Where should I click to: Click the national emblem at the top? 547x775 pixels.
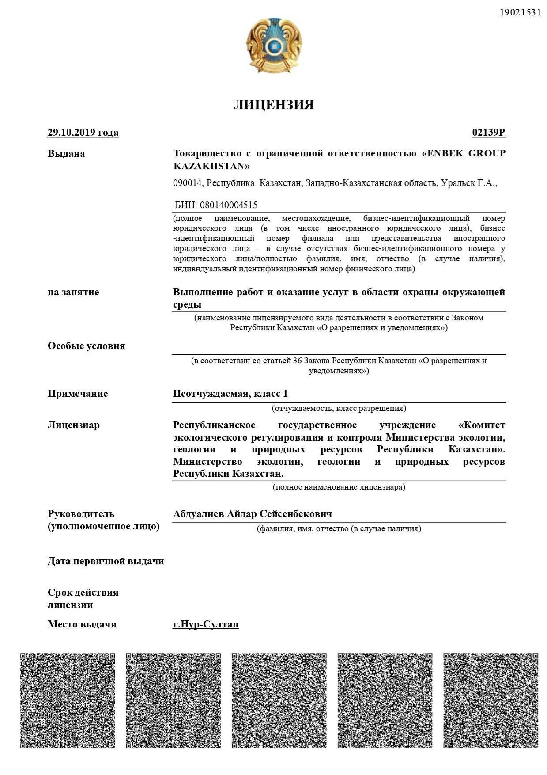click(x=274, y=46)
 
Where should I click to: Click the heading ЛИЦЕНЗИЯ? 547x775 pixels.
click(x=274, y=105)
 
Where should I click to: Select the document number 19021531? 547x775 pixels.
click(x=520, y=12)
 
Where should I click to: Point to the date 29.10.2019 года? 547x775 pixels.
click(x=83, y=133)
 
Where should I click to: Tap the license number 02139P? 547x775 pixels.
click(x=488, y=133)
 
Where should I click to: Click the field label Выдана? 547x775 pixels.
click(x=66, y=154)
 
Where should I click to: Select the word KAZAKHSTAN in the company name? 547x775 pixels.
click(x=211, y=166)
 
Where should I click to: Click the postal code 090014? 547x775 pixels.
click(x=187, y=183)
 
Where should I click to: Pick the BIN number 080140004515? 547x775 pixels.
click(x=229, y=205)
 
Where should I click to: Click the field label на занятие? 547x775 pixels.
click(x=73, y=292)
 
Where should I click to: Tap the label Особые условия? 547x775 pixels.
click(x=86, y=346)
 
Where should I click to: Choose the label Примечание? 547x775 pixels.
click(x=78, y=394)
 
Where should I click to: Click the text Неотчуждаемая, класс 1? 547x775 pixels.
click(x=230, y=394)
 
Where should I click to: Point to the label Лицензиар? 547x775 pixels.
click(x=74, y=425)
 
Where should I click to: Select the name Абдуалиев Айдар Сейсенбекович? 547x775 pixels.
click(x=252, y=514)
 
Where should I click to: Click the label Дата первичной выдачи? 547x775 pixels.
click(x=106, y=561)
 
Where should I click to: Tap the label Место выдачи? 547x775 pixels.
click(x=82, y=624)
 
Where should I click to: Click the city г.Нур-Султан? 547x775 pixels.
click(x=206, y=624)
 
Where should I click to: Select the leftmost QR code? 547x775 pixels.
click(x=68, y=701)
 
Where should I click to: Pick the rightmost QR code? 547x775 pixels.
click(x=490, y=701)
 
